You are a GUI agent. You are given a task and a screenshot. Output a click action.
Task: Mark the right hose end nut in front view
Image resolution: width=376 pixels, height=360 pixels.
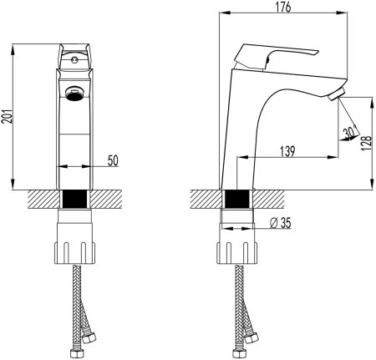click(x=85, y=342)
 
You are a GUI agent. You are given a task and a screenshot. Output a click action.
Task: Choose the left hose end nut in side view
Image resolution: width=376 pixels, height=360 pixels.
click(x=226, y=342)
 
